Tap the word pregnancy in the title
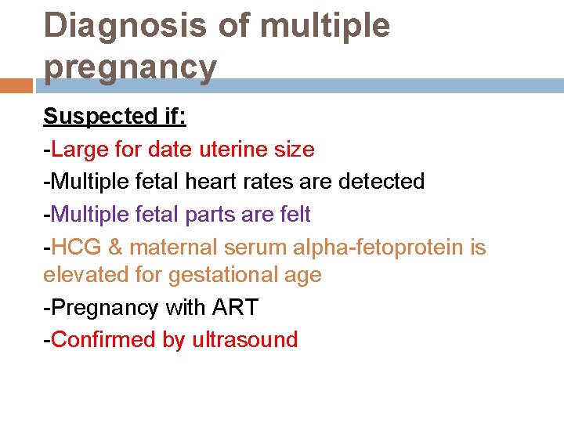coord(130,68)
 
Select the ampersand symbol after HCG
coord(115,248)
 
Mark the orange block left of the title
coord(16,85)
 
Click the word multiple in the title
coord(324,26)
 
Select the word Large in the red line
coord(81,149)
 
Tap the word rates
coord(267,182)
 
